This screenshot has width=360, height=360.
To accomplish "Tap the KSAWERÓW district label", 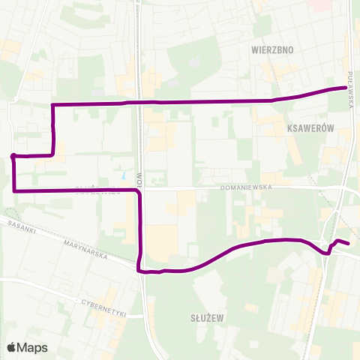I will pyautogui.click(x=309, y=129).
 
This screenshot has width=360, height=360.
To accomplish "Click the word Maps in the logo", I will pyautogui.click(x=32, y=347).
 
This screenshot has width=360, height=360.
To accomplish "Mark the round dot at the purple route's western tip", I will pyautogui.click(x=13, y=156).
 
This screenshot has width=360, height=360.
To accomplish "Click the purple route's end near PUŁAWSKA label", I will pyautogui.click(x=346, y=88).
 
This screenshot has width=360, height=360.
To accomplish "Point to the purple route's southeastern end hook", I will pyautogui.click(x=348, y=243).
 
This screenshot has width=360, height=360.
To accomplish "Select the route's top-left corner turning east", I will pyautogui.click(x=52, y=103).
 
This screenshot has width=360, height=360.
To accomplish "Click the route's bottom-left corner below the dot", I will pyautogui.click(x=14, y=191).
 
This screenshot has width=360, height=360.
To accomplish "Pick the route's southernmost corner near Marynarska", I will pyautogui.click(x=139, y=271).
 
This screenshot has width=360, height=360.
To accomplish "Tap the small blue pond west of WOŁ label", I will pyautogui.click(x=122, y=178).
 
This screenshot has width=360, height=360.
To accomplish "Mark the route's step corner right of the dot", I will pyautogui.click(x=52, y=155).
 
